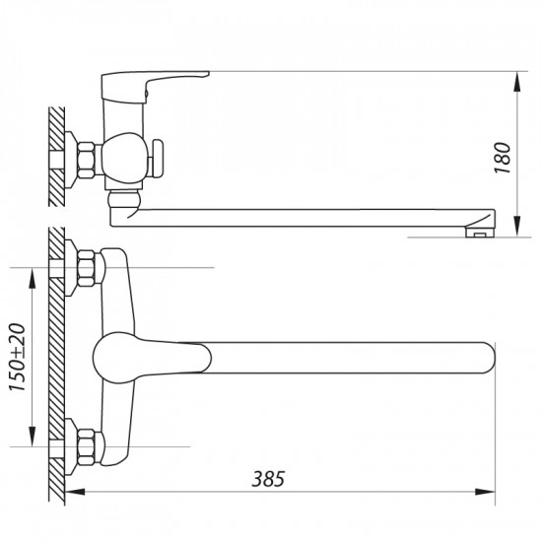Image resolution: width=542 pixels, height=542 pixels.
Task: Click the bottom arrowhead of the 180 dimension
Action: (x=519, y=232)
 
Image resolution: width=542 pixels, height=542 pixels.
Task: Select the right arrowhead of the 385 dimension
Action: (x=487, y=491)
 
